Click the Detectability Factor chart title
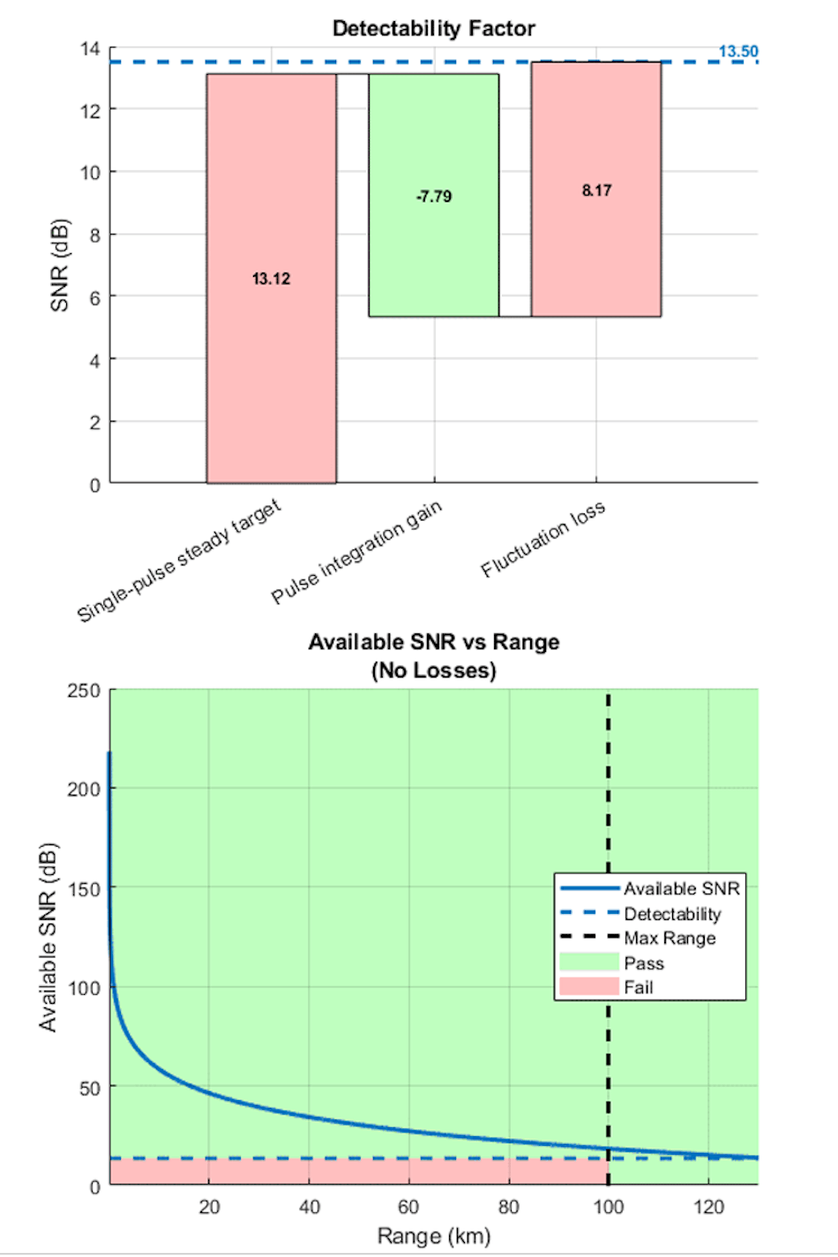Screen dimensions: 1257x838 point(433,28)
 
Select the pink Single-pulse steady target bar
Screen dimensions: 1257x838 point(271,370)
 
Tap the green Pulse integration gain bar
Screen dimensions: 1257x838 point(433,256)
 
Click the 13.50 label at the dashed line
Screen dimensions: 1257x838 point(737,51)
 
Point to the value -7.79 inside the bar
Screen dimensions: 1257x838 point(433,196)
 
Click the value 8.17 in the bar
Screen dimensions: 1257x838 point(596,191)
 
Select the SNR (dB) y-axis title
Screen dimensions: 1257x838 point(59,265)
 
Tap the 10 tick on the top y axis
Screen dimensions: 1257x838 point(90,172)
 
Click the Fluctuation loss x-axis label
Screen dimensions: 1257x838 point(543,539)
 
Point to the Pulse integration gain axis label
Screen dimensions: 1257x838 point(356,552)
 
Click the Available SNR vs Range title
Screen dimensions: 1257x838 point(433,642)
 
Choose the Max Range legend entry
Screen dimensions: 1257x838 point(670,938)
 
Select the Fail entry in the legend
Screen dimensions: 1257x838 point(639,987)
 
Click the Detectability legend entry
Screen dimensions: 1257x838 point(672,914)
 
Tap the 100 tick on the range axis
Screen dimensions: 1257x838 point(608,1207)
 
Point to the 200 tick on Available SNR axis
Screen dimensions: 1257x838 point(84,789)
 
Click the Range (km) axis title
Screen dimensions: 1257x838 point(433,1236)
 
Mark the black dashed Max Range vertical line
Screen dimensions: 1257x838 point(608,794)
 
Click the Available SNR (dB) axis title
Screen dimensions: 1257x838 point(48,937)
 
